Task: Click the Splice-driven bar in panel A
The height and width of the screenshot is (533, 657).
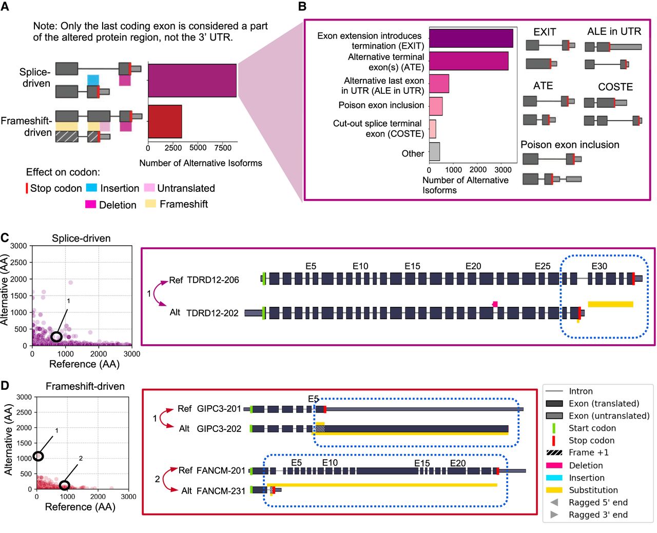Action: coord(192,81)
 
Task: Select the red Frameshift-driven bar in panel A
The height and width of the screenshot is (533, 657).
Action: coord(165,122)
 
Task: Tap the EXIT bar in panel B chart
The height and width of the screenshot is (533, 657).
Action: coord(471,38)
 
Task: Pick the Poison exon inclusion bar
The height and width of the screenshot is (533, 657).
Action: coord(436,106)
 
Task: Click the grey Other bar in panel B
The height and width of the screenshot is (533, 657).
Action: coord(434,152)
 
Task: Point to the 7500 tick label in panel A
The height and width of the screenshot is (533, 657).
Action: coord(223,148)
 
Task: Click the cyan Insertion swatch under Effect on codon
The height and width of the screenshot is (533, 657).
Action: coord(91,188)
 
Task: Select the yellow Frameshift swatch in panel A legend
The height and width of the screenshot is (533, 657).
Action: coord(150,204)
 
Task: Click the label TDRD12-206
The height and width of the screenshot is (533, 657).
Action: coord(212,280)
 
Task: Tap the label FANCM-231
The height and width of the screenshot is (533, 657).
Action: coord(221,491)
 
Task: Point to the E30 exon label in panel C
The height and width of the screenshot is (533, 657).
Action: coord(599,266)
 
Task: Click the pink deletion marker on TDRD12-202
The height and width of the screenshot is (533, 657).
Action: coord(495,304)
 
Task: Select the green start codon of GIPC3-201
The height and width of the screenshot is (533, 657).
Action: coord(251,409)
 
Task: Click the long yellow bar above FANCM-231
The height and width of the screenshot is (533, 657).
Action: coord(382,484)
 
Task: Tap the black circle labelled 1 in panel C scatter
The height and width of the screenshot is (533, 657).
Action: coord(56,337)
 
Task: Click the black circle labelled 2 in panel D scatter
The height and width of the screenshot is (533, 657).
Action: coord(64,485)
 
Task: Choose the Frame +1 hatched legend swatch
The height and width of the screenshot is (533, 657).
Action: coord(554,453)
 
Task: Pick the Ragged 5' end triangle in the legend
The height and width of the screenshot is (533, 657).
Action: coord(554,502)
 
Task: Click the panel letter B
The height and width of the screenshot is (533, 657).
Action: coord(302,7)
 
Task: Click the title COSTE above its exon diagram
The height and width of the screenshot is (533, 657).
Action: coord(615,87)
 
